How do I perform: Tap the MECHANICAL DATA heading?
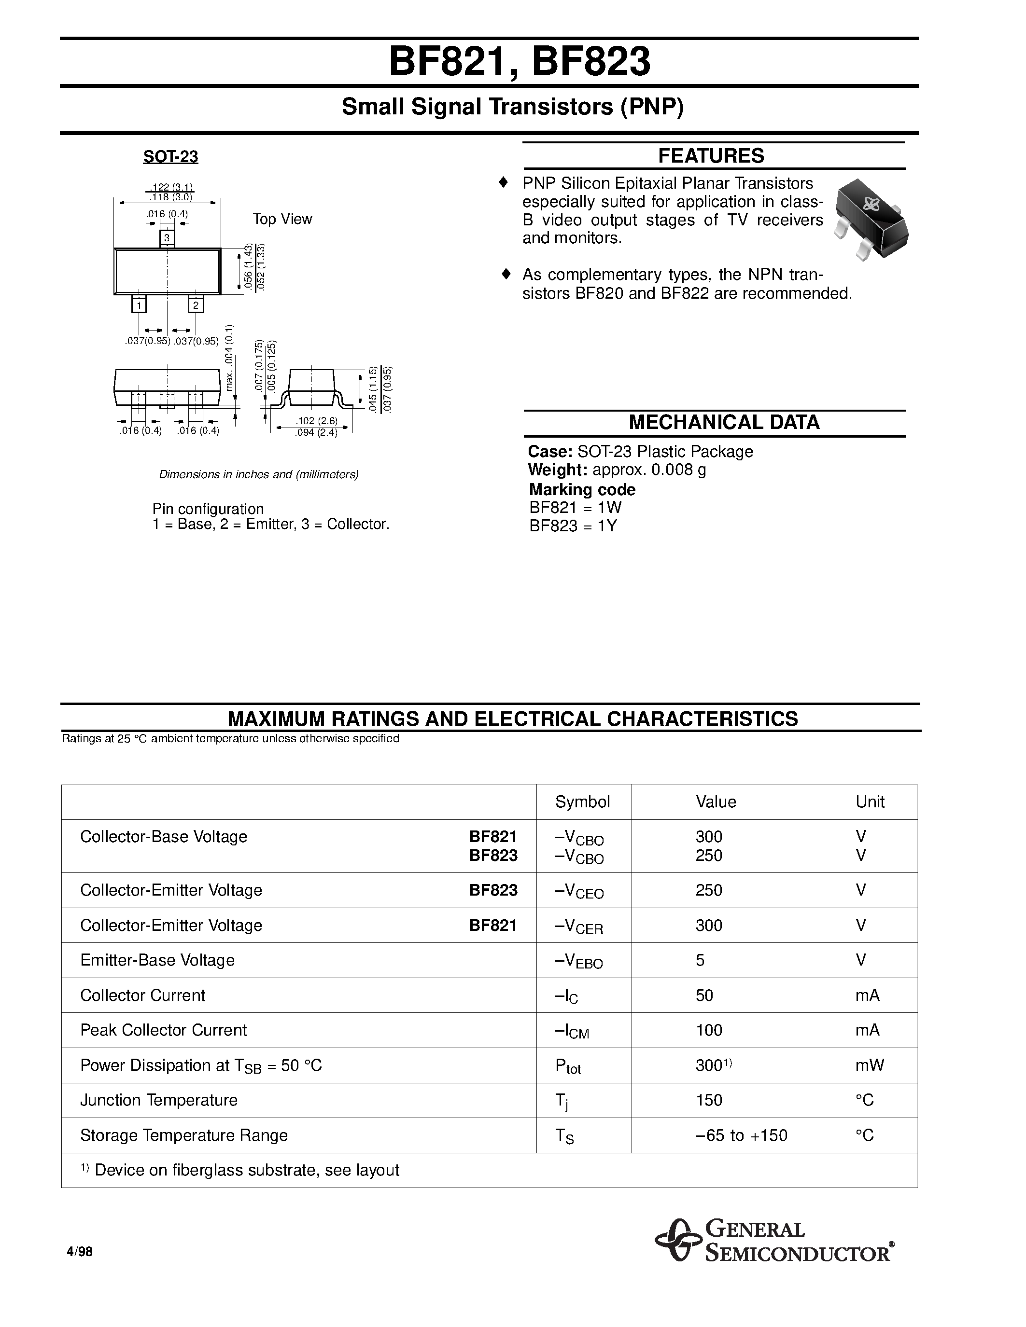coord(723,422)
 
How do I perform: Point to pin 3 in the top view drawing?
coord(167,238)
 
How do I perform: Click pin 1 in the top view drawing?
coord(139,305)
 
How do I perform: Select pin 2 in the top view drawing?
coord(196,305)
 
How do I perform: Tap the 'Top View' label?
coord(282,220)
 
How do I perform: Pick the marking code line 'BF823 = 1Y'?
coord(573,526)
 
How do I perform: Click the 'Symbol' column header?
coord(582,802)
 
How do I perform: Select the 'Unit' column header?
coord(870,802)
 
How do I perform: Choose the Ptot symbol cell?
coord(568,1067)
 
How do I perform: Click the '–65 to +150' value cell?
coord(741,1135)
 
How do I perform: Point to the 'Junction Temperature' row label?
coord(159,1100)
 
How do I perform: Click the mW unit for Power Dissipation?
coord(869,1065)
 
